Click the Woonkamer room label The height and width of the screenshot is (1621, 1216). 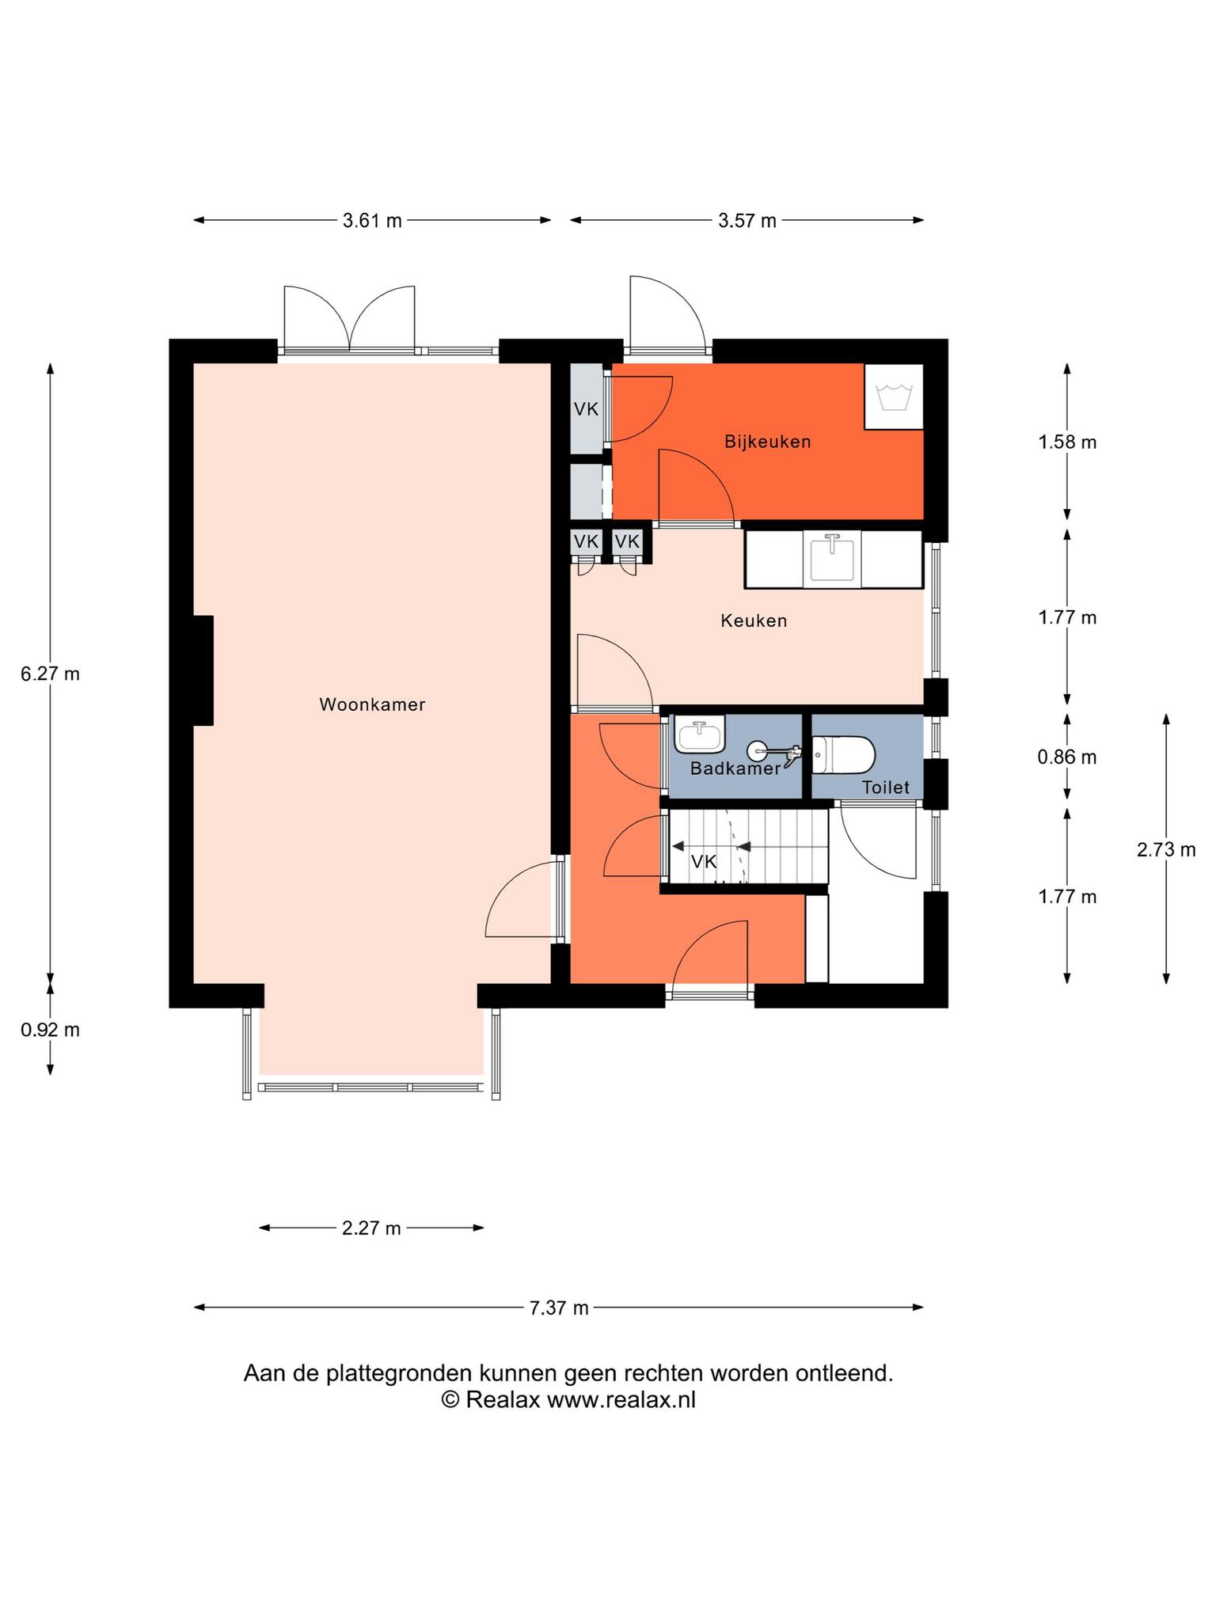372,704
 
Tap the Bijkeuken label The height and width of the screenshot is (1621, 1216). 768,442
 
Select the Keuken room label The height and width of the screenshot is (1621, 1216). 754,621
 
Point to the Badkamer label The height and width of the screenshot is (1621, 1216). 735,768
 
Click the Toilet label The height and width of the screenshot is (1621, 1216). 886,788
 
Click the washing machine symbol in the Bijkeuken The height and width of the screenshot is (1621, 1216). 894,397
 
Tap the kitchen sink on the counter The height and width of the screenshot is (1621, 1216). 832,559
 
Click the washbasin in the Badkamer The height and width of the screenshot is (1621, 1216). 700,734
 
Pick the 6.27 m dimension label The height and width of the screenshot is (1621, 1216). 50,674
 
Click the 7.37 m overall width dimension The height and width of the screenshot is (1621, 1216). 559,1308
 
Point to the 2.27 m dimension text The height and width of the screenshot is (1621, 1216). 371,1228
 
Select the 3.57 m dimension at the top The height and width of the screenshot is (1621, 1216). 747,221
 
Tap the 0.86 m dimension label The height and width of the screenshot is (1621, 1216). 1067,757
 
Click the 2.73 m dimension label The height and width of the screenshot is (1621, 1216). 1166,850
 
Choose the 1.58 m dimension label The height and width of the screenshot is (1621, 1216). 1067,442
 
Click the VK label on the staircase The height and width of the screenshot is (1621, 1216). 704,862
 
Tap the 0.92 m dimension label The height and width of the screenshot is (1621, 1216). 50,1031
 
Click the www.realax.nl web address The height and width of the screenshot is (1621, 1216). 621,1400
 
